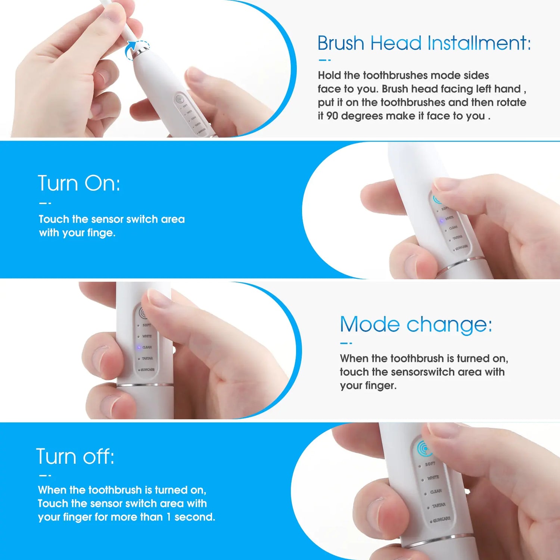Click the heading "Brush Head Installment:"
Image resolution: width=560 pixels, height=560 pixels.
(x=424, y=43)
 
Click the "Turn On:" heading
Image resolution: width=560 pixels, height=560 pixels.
(x=79, y=183)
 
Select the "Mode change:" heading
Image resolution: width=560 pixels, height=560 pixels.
(x=416, y=324)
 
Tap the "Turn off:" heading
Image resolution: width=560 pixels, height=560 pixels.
(x=75, y=456)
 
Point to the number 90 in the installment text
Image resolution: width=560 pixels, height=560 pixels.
(x=332, y=116)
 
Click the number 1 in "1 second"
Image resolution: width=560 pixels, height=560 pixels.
(x=168, y=517)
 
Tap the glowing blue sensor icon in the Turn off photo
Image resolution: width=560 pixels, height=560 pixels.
(x=424, y=448)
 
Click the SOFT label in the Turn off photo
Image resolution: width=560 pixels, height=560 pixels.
(x=430, y=464)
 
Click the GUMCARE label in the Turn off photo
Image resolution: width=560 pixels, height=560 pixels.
(x=442, y=519)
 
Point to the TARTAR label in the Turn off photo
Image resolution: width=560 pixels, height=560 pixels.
(x=439, y=505)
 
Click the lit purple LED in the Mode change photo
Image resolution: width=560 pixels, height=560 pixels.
(x=139, y=347)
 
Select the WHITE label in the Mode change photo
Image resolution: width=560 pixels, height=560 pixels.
(x=147, y=336)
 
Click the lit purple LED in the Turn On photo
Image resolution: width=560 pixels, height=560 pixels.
(x=442, y=221)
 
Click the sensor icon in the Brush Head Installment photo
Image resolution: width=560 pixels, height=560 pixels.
(x=180, y=99)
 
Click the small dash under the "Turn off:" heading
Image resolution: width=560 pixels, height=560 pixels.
(x=45, y=476)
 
